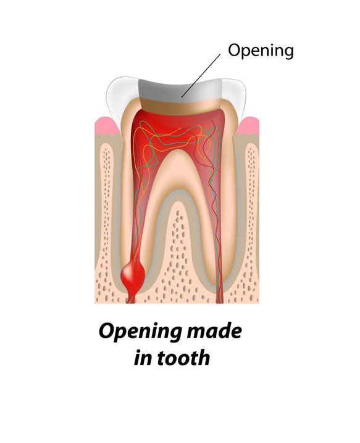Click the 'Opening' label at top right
(261, 51)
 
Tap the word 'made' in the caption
(214, 331)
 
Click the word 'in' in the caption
(144, 358)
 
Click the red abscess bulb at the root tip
(133, 274)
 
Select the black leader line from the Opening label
(201, 76)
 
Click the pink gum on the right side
(249, 126)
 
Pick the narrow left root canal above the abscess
(136, 226)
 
